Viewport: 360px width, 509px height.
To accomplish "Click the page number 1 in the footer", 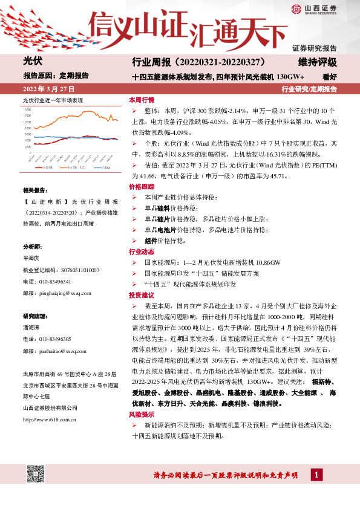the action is (315, 476).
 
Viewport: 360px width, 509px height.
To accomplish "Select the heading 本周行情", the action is (142, 99).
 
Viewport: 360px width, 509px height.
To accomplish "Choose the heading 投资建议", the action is (142, 295).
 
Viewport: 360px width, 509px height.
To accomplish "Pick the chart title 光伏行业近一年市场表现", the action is (52, 100).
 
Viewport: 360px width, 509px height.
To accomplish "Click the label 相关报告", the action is (33, 190).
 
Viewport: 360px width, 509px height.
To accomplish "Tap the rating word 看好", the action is (329, 77).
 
